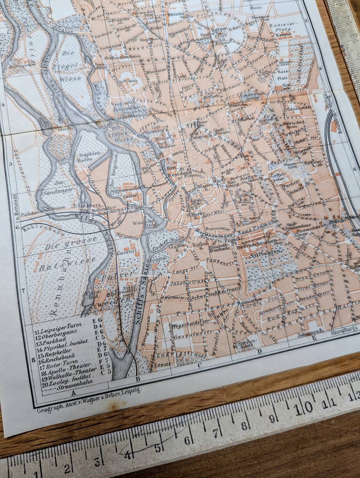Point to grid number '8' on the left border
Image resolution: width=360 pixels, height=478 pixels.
[x=33, y=360]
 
